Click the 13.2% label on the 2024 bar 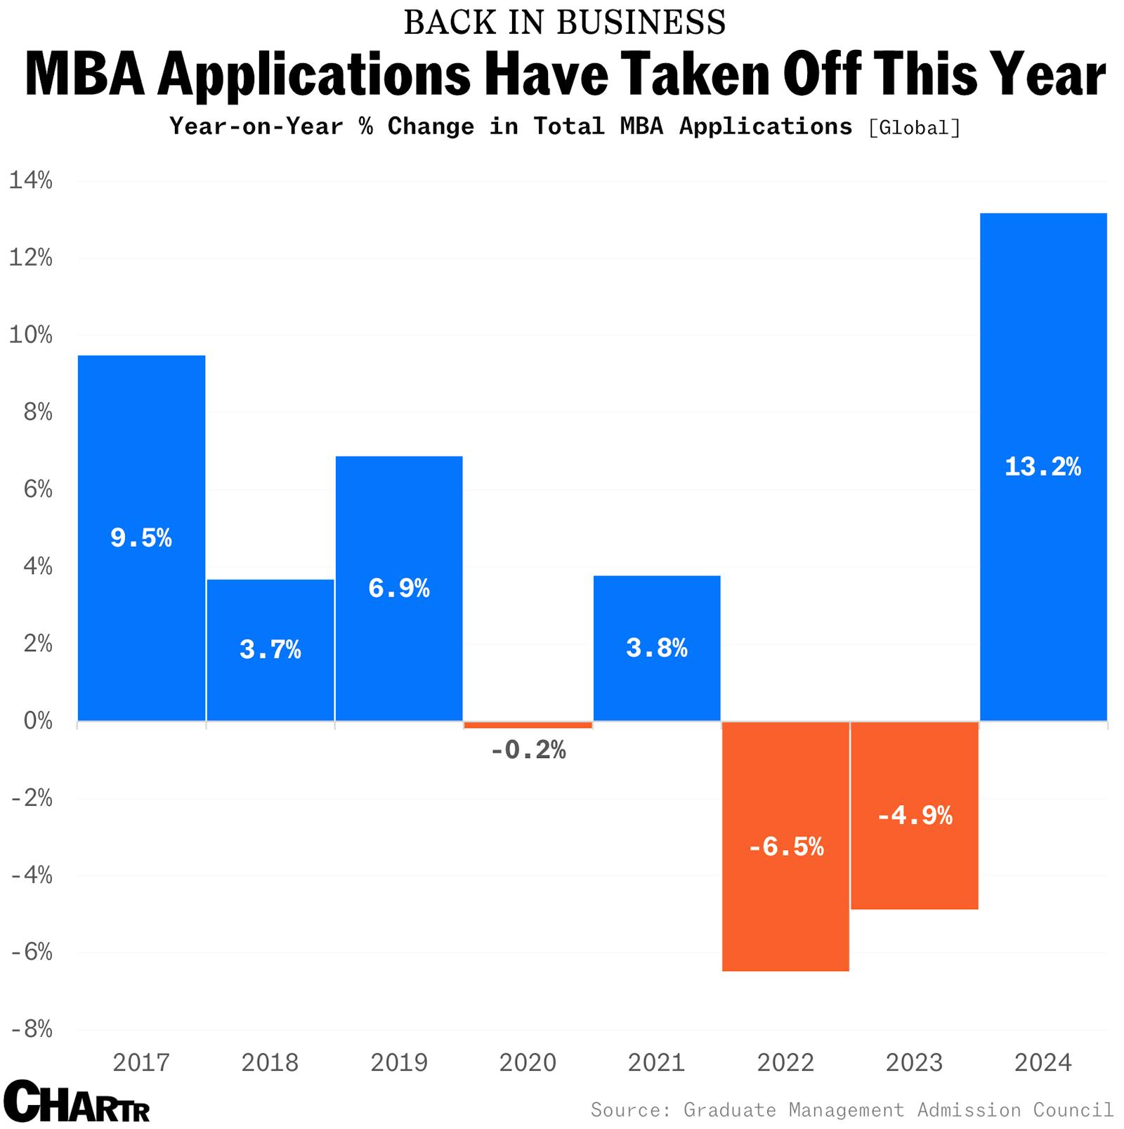(1043, 467)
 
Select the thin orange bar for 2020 (528, 724)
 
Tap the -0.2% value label (528, 751)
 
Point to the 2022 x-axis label (785, 1062)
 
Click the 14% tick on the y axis (30, 181)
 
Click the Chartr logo (76, 1101)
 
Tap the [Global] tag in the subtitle (914, 128)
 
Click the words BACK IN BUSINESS (564, 22)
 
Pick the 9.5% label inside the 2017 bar (141, 538)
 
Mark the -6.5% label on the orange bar (785, 847)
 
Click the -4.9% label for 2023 (915, 816)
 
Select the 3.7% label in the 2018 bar (270, 650)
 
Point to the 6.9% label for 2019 (399, 588)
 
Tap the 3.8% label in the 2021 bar (657, 648)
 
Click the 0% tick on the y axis (37, 721)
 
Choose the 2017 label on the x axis (141, 1062)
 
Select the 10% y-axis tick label (30, 335)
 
